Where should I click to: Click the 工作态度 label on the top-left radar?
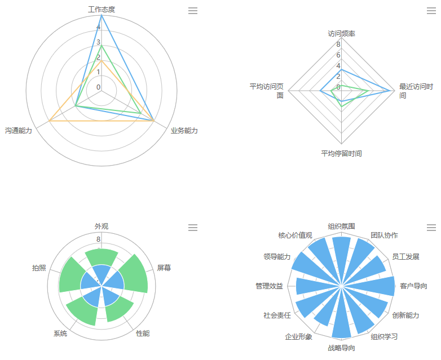click(x=102, y=10)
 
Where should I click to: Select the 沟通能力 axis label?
click(x=19, y=131)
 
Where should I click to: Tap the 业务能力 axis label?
click(x=184, y=131)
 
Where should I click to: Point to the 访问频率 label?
click(x=342, y=33)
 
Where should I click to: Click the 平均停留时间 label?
click(x=342, y=153)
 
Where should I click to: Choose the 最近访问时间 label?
click(x=416, y=91)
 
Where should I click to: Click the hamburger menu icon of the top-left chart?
click(x=193, y=11)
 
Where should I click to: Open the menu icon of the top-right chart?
click(x=431, y=11)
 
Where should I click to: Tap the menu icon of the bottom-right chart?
click(x=431, y=228)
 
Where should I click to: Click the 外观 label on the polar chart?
click(x=102, y=226)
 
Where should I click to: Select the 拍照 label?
click(x=39, y=268)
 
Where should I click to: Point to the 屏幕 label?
click(x=164, y=268)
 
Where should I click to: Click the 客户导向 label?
click(x=413, y=286)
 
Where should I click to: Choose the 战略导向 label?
click(x=342, y=348)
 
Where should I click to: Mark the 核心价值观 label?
click(x=295, y=235)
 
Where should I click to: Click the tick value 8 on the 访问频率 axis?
click(x=338, y=45)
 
